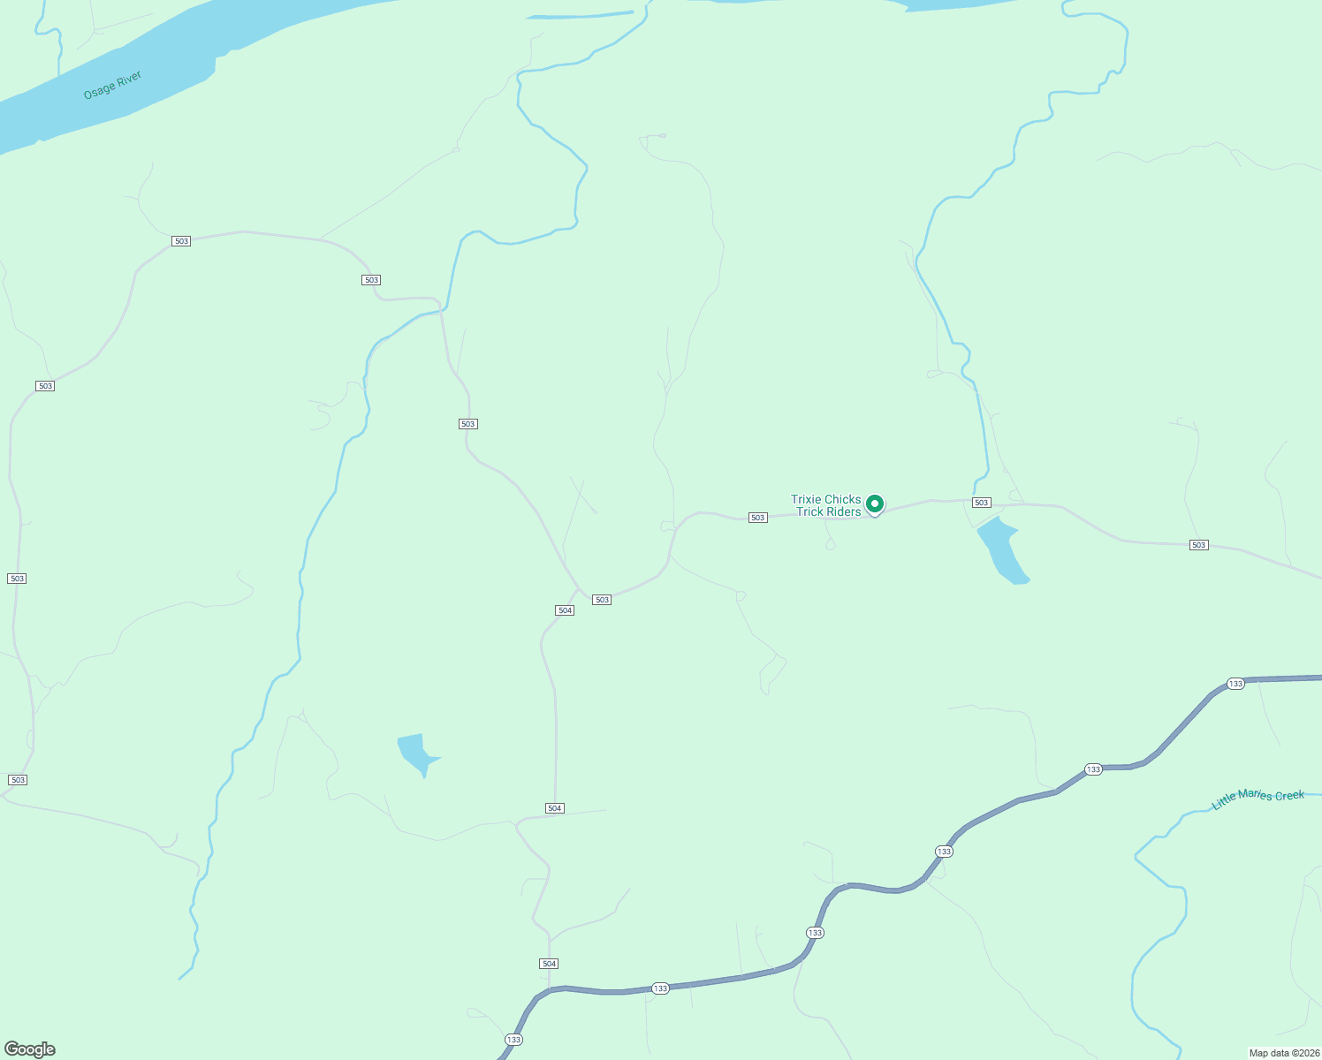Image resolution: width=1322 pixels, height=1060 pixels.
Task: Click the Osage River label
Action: point(112,86)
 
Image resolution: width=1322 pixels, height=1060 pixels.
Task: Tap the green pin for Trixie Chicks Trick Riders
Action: point(875,503)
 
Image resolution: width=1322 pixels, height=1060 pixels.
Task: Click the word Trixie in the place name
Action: point(807,499)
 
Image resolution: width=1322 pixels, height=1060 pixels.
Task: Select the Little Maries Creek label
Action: point(1257,799)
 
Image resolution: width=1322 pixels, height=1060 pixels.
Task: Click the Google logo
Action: point(29,1049)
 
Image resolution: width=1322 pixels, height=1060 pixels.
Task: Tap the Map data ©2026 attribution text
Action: point(1284,1053)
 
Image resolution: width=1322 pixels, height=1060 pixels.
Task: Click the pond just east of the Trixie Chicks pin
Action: point(1002,550)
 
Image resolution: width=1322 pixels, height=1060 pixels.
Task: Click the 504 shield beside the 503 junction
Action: point(565,610)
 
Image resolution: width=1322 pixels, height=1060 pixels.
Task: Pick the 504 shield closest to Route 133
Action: point(549,964)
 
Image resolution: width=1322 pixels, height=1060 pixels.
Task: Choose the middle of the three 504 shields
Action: point(554,808)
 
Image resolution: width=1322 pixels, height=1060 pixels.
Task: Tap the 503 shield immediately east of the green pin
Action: point(981,503)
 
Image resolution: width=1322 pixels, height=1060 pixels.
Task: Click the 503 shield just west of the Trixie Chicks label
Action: point(757,518)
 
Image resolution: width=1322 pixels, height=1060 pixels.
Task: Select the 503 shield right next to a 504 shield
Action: point(602,600)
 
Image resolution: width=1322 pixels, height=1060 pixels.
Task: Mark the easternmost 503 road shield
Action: point(1198,545)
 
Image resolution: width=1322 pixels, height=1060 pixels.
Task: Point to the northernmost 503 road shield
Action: point(181,241)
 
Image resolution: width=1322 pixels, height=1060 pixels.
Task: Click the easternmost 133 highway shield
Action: point(1235,684)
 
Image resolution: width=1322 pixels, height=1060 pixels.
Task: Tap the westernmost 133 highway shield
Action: point(513,1039)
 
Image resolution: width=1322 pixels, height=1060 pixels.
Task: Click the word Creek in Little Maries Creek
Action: point(1288,796)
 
